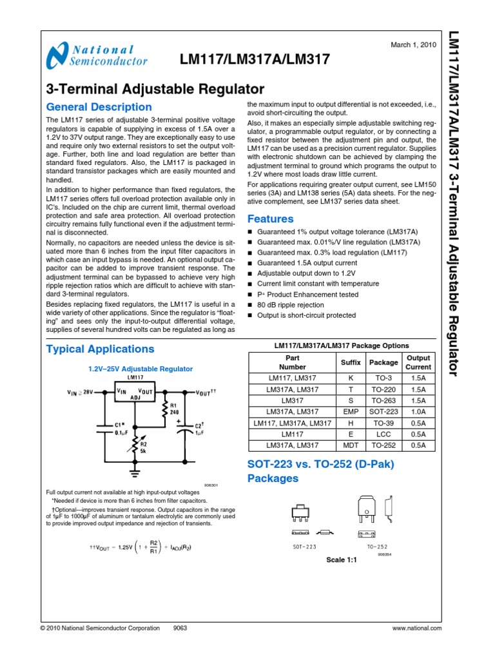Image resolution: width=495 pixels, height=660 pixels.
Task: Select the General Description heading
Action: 99,107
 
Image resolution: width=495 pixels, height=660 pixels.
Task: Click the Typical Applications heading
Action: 100,349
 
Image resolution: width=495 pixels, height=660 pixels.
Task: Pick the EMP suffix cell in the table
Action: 351,412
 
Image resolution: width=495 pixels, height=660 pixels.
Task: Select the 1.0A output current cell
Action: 419,412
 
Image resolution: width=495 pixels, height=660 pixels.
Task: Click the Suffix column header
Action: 351,363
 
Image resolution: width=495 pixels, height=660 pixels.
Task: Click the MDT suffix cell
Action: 351,445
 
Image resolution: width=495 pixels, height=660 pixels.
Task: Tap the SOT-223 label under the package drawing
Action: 304,547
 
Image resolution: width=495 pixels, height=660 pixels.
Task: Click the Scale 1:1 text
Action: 342,560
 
